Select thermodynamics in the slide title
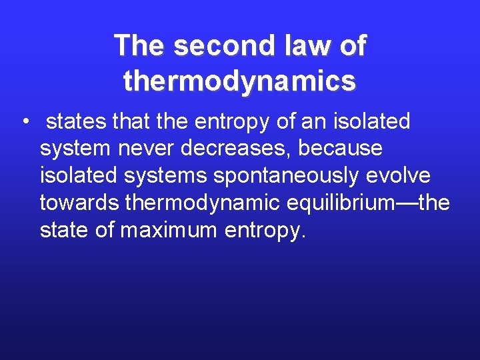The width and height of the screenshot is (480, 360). [239, 81]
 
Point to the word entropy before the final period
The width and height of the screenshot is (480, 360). [263, 231]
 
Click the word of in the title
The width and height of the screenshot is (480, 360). [353, 46]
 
